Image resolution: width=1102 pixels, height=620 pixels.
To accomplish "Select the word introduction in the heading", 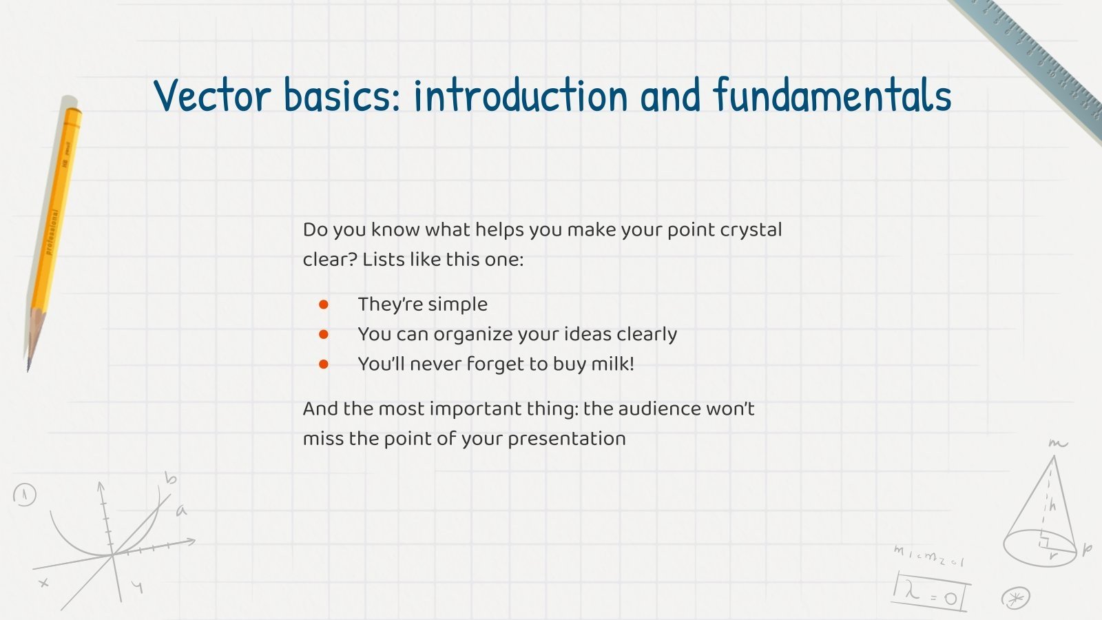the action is [x=521, y=94].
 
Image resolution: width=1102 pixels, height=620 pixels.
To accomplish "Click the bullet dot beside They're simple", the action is [x=323, y=304].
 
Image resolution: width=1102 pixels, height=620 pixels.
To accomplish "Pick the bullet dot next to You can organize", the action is [x=323, y=335].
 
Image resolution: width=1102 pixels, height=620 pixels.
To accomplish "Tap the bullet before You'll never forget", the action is [x=323, y=364].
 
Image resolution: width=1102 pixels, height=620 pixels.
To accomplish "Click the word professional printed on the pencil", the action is [x=52, y=232].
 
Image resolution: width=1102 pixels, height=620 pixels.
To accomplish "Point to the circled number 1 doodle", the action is [x=25, y=495].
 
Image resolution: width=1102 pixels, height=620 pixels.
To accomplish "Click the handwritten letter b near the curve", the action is [x=170, y=478].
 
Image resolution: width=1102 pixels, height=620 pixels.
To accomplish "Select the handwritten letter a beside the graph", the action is [x=182, y=510].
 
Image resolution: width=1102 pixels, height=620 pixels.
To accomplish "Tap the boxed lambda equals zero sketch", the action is [x=931, y=592].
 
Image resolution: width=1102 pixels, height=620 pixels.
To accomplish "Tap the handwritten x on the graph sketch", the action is [x=44, y=583].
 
